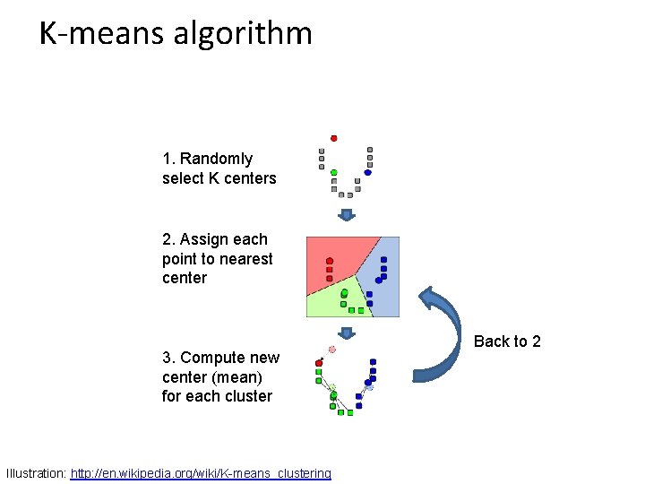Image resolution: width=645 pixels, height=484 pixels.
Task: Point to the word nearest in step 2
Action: click(248, 259)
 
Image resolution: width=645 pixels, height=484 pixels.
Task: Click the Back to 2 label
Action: click(507, 341)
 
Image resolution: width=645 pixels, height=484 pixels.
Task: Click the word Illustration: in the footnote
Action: click(36, 473)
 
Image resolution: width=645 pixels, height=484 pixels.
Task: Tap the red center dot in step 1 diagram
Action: click(334, 138)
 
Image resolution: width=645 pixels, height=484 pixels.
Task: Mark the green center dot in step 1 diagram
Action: click(333, 172)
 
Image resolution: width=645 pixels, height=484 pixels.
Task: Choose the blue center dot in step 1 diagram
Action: click(367, 172)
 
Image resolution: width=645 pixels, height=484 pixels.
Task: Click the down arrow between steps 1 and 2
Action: click(347, 215)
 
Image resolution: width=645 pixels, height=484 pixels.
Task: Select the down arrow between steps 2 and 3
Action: click(347, 333)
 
